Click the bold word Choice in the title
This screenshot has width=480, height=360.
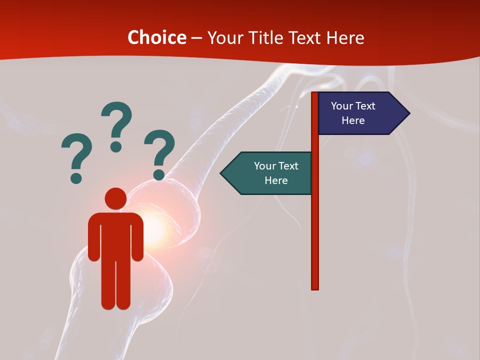156,38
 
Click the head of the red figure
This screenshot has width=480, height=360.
115,198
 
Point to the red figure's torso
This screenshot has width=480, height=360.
115,235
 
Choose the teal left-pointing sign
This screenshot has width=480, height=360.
270,173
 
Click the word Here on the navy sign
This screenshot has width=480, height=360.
353,120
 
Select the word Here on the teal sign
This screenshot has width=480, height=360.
276,180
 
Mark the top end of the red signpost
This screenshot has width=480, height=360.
315,94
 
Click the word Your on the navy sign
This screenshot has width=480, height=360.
341,106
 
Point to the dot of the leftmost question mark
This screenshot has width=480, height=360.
76,177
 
